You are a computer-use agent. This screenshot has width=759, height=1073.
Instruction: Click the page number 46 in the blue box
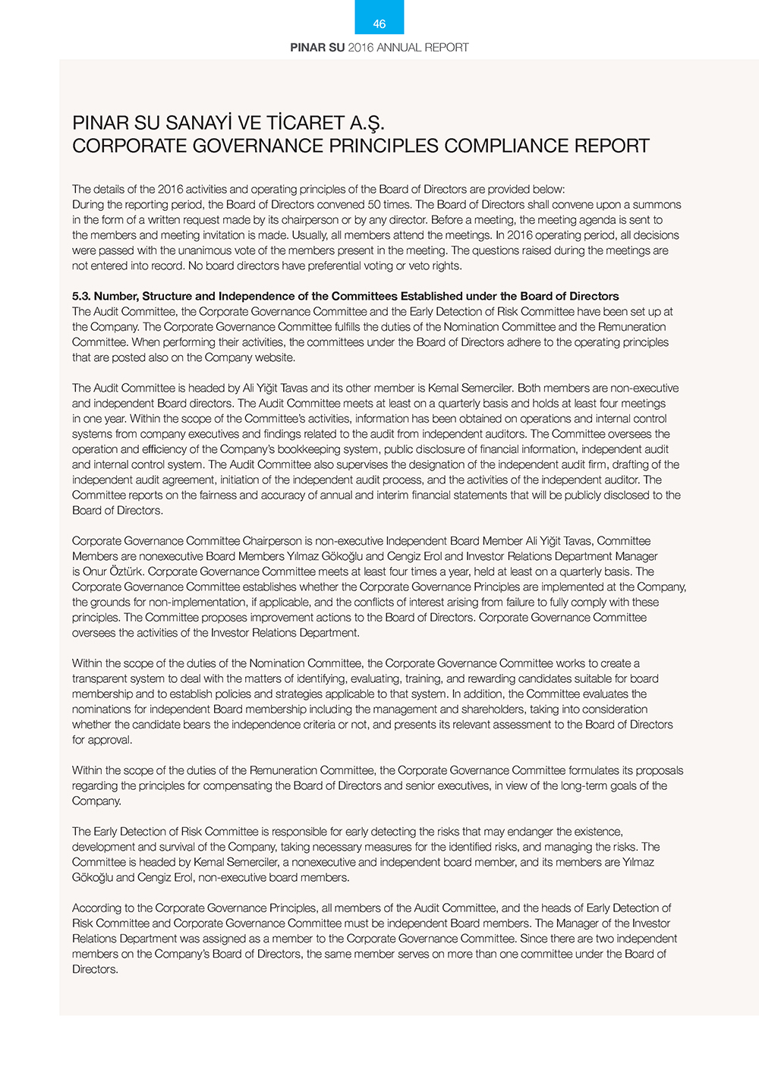coord(379,24)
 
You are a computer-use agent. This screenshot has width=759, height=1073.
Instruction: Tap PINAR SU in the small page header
coord(317,47)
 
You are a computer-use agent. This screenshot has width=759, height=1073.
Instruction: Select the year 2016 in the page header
coord(361,47)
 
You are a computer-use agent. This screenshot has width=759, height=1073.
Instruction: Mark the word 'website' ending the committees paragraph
coord(273,357)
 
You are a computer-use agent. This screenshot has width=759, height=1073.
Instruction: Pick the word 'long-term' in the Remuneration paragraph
coord(584,785)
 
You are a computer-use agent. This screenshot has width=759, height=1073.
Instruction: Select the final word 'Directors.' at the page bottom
coord(95,969)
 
